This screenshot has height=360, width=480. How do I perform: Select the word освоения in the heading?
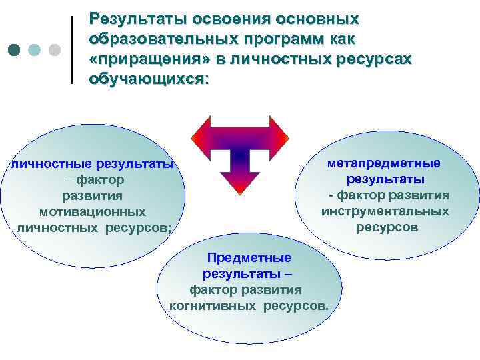click(x=229, y=19)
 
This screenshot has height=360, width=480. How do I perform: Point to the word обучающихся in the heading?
click(x=146, y=79)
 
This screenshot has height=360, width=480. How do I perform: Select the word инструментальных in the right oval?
click(x=385, y=211)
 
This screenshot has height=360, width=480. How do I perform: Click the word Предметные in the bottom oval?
click(x=249, y=258)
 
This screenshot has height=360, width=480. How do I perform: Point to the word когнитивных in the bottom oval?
click(x=213, y=306)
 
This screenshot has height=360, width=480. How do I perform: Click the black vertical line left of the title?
click(x=72, y=50)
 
